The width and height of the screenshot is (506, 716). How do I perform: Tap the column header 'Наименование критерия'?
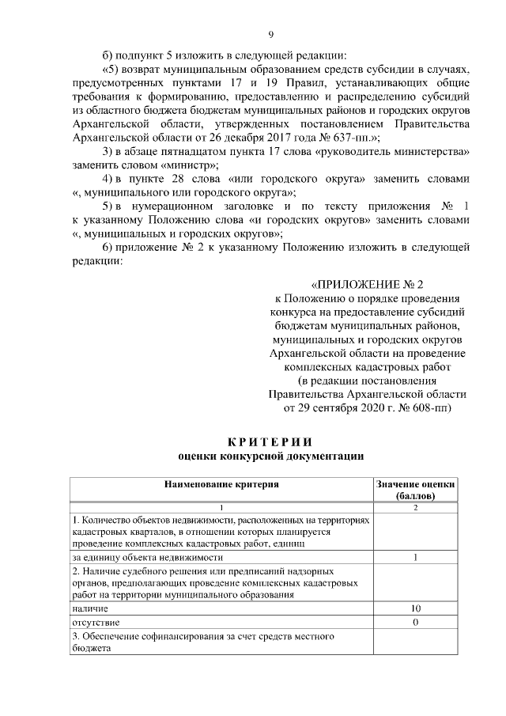coord(221,483)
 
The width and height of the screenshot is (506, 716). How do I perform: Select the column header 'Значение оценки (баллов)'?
coord(416,489)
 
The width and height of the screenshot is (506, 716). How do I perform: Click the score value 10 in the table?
coord(416,609)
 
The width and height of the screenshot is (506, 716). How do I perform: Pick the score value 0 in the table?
coord(416,623)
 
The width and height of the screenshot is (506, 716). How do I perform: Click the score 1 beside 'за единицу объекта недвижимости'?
coord(416,558)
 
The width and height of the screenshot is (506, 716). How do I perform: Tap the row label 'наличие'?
coord(90,609)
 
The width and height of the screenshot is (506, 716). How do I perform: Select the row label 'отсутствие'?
coord(95,623)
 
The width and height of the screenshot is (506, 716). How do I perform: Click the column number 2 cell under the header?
coord(416,506)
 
